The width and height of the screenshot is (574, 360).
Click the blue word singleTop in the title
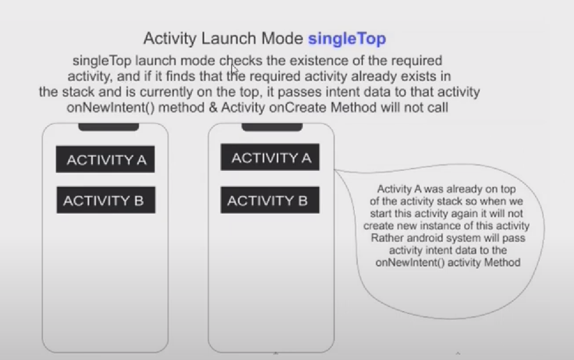tap(347, 39)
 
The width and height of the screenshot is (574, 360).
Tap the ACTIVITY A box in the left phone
tap(105, 159)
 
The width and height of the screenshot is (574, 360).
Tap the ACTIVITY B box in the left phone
tap(106, 200)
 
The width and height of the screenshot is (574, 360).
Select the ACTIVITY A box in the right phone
tap(270, 157)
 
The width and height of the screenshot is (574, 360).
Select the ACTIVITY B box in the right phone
tap(270, 200)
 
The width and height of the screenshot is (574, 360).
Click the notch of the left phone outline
tap(108, 127)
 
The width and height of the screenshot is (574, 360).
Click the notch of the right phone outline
tap(272, 127)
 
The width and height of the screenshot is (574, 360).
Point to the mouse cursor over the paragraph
tap(235, 70)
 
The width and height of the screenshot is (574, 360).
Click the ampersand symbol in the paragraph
tap(213, 108)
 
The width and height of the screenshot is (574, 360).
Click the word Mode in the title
tap(282, 38)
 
